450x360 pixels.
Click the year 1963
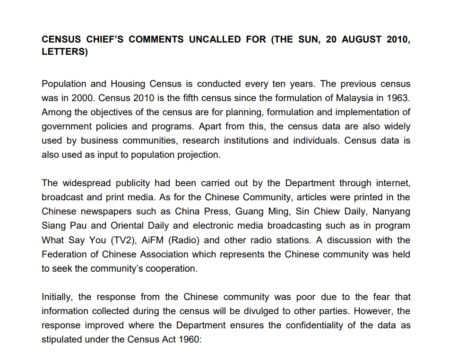[399, 98]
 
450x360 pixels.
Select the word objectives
[117, 112]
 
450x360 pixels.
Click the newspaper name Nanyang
[391, 211]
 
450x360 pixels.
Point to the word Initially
[58, 297]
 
